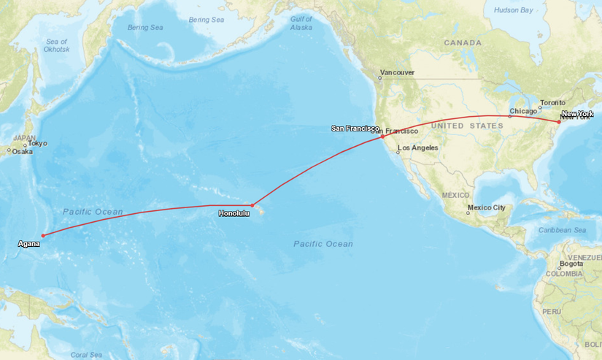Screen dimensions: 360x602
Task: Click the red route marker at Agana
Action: [x=43, y=235]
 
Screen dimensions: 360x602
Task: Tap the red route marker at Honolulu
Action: [x=252, y=205]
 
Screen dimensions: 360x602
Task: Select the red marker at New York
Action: [x=559, y=122]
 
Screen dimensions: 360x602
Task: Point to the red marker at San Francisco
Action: [x=382, y=137]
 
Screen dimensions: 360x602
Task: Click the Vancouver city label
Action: [x=397, y=73]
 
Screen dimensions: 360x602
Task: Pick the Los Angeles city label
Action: [x=417, y=148]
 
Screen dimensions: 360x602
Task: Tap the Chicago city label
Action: [x=522, y=111]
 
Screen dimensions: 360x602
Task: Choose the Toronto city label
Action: [x=552, y=102]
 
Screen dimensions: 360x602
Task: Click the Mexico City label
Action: [x=486, y=207]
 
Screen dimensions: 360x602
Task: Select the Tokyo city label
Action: [x=37, y=144]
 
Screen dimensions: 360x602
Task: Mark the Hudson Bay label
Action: [x=513, y=10]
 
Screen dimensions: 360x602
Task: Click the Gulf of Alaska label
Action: [x=301, y=23]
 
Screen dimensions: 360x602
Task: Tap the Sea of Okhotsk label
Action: [x=56, y=45]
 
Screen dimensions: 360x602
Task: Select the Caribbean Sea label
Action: [x=563, y=230]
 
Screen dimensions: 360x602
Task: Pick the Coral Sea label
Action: [x=87, y=355]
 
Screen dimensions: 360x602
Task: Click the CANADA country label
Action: [x=463, y=43]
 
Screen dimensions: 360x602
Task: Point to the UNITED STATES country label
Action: [x=467, y=126]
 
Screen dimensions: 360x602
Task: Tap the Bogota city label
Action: [x=571, y=264]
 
